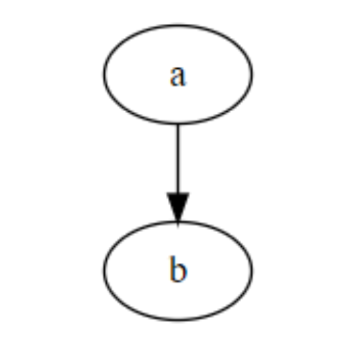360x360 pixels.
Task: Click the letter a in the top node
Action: pyautogui.click(x=178, y=76)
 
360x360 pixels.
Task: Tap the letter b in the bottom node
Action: pyautogui.click(x=178, y=269)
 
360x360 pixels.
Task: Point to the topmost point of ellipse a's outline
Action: pyautogui.click(x=178, y=25)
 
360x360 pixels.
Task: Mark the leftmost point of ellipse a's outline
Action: pyautogui.click(x=104, y=74)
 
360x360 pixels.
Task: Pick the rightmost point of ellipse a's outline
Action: pyautogui.click(x=252, y=74)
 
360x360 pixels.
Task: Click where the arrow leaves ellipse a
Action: pyautogui.click(x=178, y=124)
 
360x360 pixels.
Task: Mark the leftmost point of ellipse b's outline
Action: pyautogui.click(x=104, y=271)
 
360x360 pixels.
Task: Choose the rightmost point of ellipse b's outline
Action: pyautogui.click(x=252, y=271)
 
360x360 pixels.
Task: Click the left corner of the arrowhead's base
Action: pyautogui.click(x=167, y=193)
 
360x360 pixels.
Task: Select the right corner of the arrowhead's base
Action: pyautogui.click(x=189, y=193)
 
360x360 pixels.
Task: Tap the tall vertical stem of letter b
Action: pyautogui.click(x=172, y=269)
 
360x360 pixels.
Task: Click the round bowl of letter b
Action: pyautogui.click(x=181, y=272)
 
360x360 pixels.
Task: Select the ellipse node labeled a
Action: pyautogui.click(x=178, y=74)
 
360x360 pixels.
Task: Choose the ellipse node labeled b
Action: pyautogui.click(x=178, y=271)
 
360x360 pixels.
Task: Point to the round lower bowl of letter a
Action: pyautogui.click(x=175, y=81)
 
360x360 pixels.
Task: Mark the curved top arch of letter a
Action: pyautogui.click(x=178, y=68)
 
